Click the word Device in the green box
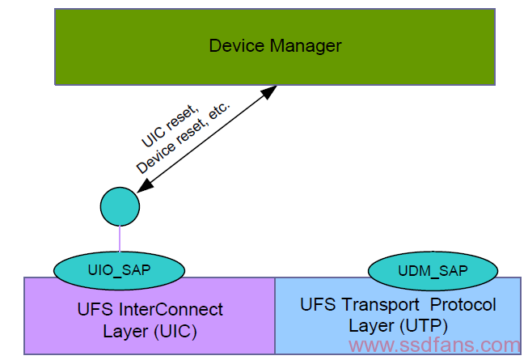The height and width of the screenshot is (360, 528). click(x=236, y=46)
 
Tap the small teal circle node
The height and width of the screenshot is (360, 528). click(x=120, y=206)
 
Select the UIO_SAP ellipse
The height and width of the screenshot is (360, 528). click(x=119, y=270)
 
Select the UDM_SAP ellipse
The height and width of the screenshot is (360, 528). click(x=433, y=271)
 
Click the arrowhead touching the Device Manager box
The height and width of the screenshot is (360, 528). click(x=269, y=92)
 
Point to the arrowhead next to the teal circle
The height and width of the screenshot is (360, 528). click(x=145, y=185)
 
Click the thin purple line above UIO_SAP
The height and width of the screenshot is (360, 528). click(x=120, y=239)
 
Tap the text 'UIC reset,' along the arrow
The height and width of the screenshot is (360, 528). click(x=170, y=125)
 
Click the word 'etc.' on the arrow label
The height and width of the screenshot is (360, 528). click(x=219, y=110)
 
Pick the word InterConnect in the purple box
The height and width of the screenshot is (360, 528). click(x=171, y=310)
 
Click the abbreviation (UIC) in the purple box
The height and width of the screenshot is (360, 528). click(x=175, y=332)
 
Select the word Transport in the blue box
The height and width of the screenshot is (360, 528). click(x=381, y=305)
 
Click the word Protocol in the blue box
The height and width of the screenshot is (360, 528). click(x=463, y=304)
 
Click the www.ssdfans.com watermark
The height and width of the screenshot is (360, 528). click(x=435, y=345)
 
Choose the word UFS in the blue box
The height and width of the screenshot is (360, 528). click(x=318, y=304)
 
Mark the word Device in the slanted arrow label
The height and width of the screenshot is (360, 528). click(x=156, y=159)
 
